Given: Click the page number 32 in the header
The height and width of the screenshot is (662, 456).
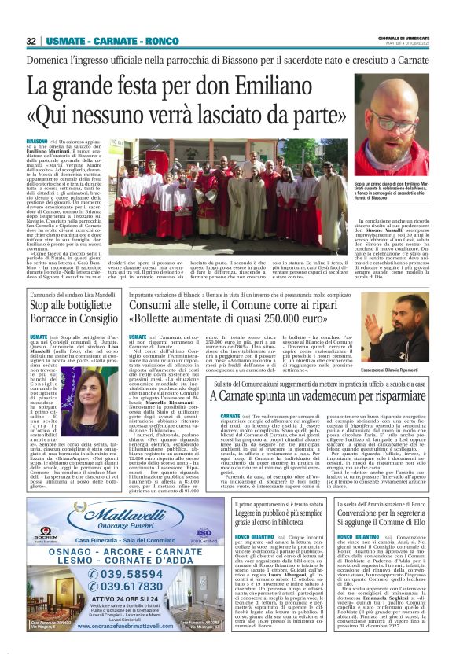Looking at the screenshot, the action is coord(31,41).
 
